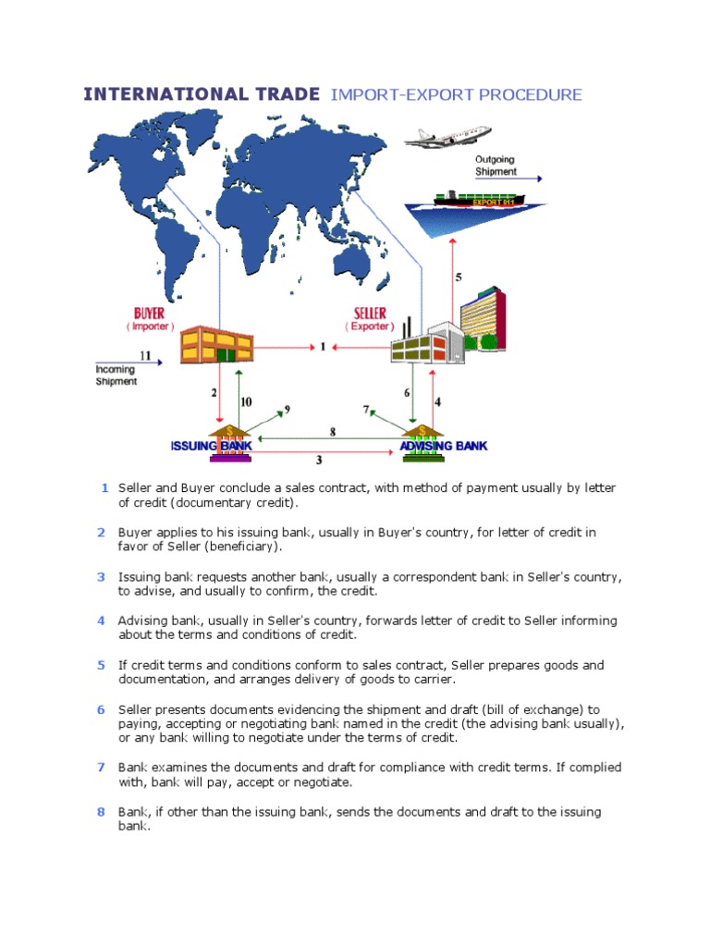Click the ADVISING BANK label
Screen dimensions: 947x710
click(x=443, y=446)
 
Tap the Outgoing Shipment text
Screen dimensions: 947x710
click(x=495, y=166)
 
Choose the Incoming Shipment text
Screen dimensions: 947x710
click(x=116, y=375)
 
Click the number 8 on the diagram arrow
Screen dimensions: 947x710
click(x=333, y=431)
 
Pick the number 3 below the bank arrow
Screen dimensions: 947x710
click(x=319, y=459)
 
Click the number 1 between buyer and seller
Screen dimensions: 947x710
click(x=323, y=348)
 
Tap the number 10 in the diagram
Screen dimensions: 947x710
click(x=246, y=401)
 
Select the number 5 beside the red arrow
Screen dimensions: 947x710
click(x=459, y=277)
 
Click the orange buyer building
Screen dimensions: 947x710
click(x=216, y=344)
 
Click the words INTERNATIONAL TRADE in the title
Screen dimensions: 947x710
click(x=202, y=94)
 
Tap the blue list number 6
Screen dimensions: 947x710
click(x=102, y=709)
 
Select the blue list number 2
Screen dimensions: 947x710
click(x=102, y=532)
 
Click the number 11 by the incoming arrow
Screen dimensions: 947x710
click(x=145, y=355)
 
